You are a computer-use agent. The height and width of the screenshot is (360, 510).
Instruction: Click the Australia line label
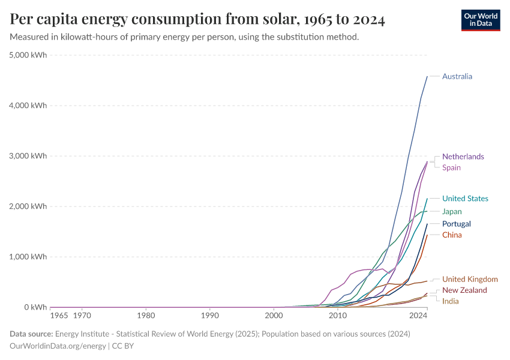click(457, 76)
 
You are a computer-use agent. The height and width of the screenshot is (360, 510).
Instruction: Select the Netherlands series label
click(463, 157)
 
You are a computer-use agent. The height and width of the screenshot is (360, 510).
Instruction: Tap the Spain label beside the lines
click(451, 167)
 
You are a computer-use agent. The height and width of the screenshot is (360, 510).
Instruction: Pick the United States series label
click(465, 199)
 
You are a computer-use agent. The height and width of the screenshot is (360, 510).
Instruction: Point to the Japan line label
click(452, 211)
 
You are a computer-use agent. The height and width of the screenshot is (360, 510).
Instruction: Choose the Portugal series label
click(456, 224)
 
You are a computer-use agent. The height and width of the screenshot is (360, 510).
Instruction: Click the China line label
click(452, 235)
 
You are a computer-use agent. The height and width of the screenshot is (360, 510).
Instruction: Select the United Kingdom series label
click(470, 279)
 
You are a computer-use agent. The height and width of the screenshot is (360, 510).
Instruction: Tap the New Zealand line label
click(464, 290)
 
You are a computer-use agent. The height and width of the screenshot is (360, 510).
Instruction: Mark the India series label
click(451, 301)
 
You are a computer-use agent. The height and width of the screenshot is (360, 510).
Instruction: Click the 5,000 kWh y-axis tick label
click(28, 55)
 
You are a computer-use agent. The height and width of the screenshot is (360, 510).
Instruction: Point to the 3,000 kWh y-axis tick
click(28, 156)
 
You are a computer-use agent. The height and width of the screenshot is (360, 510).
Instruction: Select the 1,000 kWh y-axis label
click(28, 257)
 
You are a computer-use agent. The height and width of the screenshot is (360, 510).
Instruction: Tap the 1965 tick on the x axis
click(59, 315)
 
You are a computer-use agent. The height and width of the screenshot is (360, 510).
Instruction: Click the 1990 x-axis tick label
click(209, 315)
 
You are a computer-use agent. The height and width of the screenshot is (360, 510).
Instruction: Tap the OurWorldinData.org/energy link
click(58, 346)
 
